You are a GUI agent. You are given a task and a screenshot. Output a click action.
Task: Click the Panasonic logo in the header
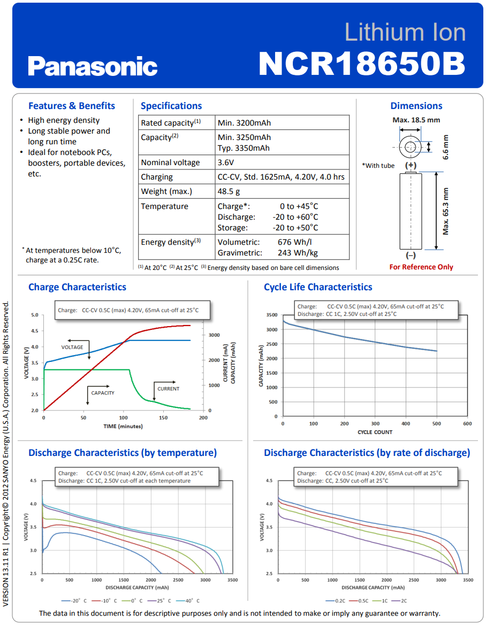coord(93,67)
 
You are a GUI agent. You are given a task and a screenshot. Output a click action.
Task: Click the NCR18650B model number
coord(362,64)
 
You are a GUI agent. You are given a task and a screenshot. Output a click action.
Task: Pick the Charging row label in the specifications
coord(157,177)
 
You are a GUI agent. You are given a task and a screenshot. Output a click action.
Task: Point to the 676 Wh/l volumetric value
coord(295,242)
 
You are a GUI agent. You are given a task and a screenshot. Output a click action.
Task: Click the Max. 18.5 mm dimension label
coord(416,120)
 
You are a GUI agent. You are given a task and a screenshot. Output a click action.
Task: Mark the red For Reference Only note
coord(421,267)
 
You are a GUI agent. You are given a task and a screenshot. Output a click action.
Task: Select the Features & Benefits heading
coord(72,106)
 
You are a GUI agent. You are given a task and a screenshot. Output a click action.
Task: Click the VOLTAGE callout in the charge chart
coord(72,347)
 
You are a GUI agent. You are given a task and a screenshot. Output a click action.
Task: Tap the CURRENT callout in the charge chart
coord(169,389)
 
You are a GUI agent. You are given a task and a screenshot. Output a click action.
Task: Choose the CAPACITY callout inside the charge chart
coord(103,393)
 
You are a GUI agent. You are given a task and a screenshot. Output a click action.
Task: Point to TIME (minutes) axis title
coord(123,426)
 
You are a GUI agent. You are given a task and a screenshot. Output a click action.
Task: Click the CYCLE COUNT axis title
coord(375,432)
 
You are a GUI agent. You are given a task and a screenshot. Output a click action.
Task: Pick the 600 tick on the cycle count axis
coord(467,423)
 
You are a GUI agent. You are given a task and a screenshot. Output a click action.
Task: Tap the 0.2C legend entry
coord(338,601)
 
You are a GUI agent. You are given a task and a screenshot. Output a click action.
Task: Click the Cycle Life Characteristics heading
coord(318,287)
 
